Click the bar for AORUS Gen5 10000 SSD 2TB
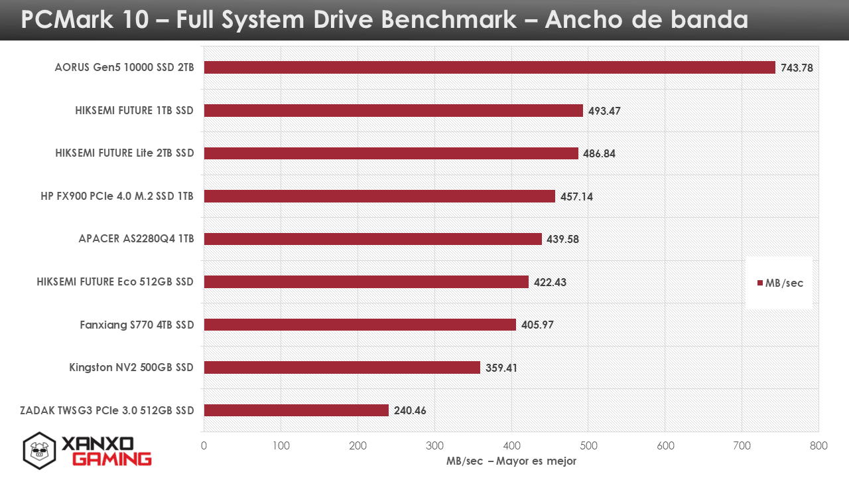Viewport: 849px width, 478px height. (x=490, y=68)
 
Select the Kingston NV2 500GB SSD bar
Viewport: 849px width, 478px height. (x=342, y=367)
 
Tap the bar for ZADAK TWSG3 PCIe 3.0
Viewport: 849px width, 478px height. (x=296, y=410)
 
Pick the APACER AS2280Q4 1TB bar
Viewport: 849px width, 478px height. (x=373, y=239)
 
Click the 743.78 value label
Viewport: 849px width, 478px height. (x=797, y=68)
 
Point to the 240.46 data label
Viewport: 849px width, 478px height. (x=410, y=410)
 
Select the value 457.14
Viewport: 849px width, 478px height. (x=576, y=197)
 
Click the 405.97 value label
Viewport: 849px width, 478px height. (x=537, y=325)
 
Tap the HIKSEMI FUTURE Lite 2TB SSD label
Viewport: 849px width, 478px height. (x=125, y=153)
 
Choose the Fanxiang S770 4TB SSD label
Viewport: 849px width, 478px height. (x=137, y=325)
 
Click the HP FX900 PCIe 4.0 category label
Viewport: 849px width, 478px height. (x=117, y=197)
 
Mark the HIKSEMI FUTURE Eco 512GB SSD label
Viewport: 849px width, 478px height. (x=115, y=282)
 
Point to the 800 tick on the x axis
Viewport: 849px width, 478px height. (x=818, y=446)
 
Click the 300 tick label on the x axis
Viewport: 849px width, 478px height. (x=434, y=446)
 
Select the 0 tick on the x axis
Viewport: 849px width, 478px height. (x=204, y=446)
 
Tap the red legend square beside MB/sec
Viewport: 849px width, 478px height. (x=760, y=283)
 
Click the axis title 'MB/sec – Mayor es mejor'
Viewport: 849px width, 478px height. (x=511, y=461)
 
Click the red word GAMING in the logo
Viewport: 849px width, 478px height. (x=111, y=459)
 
